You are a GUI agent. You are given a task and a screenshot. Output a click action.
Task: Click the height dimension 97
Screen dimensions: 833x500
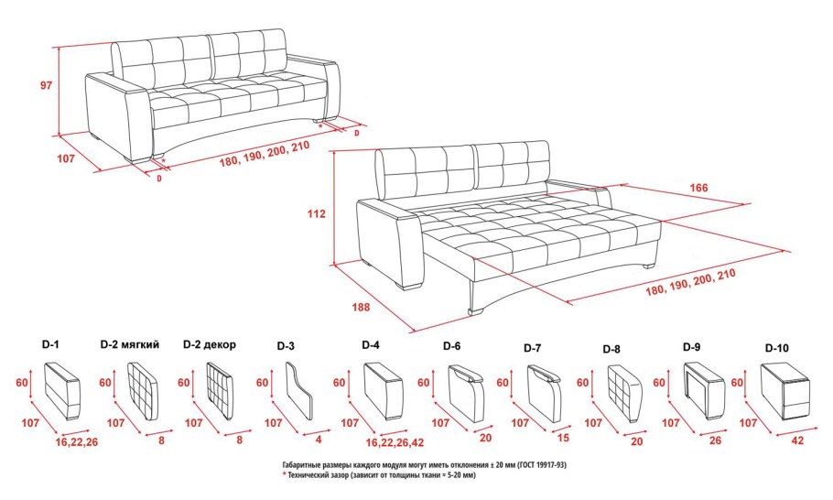click(x=47, y=84)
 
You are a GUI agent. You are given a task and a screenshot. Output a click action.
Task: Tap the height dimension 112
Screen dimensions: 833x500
click(x=316, y=213)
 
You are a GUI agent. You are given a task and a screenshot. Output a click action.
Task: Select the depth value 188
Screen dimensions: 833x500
click(x=361, y=307)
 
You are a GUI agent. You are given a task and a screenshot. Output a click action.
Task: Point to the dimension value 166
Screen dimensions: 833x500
click(x=698, y=188)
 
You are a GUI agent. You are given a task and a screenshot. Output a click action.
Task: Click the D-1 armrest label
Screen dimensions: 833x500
click(x=50, y=344)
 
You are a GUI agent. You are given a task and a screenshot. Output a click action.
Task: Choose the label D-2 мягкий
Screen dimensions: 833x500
click(x=130, y=345)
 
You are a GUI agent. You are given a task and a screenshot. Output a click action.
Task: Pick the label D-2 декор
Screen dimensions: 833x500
click(x=210, y=345)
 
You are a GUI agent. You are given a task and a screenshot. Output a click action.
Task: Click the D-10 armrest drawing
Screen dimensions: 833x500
click(x=784, y=389)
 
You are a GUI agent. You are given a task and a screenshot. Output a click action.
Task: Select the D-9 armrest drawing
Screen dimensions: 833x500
click(x=704, y=389)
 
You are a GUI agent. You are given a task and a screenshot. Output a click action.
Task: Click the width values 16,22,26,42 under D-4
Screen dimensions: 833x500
click(x=395, y=442)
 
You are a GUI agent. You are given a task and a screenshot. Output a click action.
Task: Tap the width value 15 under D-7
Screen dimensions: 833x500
click(x=563, y=438)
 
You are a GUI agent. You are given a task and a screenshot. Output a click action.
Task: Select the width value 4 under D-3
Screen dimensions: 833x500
click(x=319, y=440)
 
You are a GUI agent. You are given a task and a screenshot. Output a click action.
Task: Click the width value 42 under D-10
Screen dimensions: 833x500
click(x=797, y=440)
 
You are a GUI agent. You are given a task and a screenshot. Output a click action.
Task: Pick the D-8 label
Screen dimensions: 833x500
click(x=611, y=349)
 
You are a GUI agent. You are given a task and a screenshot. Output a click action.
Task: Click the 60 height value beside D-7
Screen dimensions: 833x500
click(x=502, y=383)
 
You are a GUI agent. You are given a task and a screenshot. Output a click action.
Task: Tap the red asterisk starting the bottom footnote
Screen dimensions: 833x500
click(x=284, y=474)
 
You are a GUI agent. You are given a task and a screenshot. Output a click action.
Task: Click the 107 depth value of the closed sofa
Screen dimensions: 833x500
click(x=66, y=158)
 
